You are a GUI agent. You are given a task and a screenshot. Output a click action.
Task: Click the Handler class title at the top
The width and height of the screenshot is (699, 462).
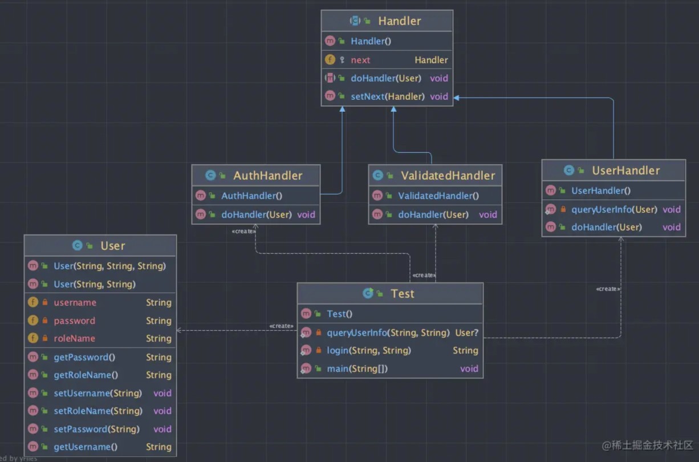400,21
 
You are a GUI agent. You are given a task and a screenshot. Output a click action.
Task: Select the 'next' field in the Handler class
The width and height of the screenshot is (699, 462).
360,60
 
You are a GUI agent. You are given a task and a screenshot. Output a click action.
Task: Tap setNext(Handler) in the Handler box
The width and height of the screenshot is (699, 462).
388,96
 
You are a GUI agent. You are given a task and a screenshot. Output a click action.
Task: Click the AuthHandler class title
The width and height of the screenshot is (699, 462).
268,176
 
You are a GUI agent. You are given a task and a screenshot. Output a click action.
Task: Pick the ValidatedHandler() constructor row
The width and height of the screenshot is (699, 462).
438,196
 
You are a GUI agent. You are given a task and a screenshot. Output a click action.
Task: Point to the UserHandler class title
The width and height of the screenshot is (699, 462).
626,171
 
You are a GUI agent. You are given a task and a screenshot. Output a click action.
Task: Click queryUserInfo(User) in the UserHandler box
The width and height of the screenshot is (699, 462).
614,209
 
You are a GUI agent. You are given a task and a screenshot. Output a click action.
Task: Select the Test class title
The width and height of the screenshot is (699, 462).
403,293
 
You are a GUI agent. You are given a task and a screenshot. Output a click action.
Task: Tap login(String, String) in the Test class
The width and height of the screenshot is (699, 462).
369,350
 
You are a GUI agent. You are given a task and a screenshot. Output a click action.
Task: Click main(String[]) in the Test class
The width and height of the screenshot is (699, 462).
357,368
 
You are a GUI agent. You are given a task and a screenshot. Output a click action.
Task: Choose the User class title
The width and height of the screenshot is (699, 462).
113,246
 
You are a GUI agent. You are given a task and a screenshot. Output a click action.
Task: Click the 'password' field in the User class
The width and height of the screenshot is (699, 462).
75,321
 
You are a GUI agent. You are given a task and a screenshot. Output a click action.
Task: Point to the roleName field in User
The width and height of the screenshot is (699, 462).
75,338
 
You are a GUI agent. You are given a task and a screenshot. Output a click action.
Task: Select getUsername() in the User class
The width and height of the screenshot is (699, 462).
86,447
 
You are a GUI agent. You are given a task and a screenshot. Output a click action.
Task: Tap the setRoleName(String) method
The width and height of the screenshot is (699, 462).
98,411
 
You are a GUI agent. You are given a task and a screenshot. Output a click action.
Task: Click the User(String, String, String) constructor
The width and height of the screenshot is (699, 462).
110,266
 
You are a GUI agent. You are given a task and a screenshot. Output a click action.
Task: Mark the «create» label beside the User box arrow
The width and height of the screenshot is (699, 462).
282,326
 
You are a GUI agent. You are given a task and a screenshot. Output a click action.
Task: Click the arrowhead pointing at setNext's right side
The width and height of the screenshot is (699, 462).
456,98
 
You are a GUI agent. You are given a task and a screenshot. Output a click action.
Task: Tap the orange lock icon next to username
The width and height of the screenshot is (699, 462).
45,302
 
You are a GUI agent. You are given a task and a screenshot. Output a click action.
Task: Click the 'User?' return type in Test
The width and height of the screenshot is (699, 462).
466,333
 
